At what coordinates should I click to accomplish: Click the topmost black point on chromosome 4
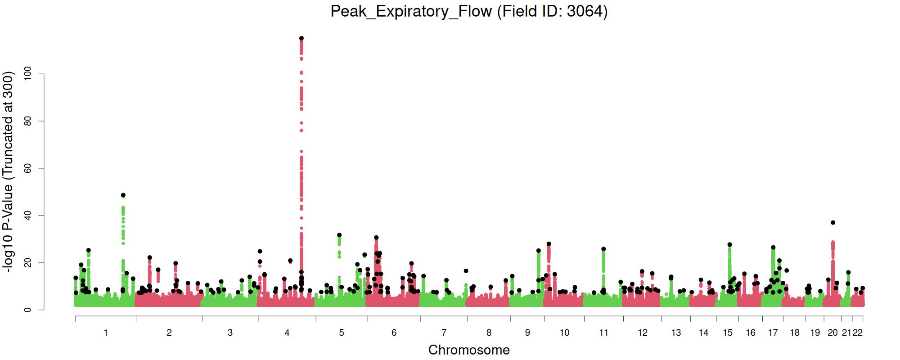301,38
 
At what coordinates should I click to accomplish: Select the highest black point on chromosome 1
123,195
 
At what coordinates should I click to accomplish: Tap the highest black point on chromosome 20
833,223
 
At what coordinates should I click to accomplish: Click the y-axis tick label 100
28,74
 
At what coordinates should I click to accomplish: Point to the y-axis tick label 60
28,168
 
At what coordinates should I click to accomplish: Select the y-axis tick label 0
28,310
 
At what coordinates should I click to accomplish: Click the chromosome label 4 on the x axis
287,333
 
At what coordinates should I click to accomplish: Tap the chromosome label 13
676,333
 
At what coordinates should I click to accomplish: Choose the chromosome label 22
858,333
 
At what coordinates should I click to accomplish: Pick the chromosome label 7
444,333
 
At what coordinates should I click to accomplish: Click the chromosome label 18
795,333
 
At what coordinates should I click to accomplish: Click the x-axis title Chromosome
469,350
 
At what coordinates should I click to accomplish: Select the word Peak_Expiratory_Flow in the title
411,11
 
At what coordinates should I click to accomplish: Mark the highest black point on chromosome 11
603,249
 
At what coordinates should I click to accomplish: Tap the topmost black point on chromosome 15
729,245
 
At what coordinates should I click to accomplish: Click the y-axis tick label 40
28,216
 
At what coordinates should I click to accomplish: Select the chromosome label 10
564,333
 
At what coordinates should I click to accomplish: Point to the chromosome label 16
751,333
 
